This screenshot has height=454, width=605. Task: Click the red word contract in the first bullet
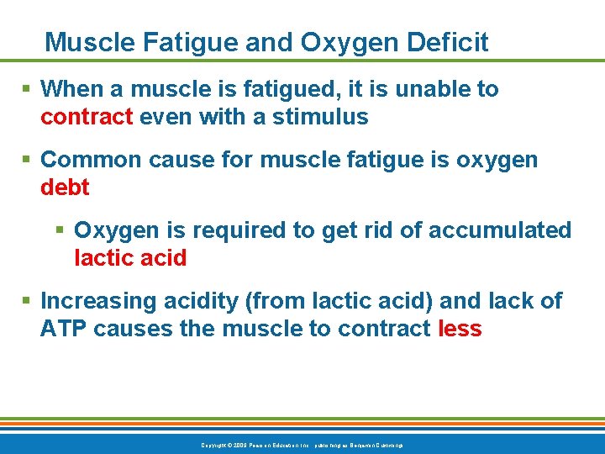tap(87, 117)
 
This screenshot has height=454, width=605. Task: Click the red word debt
tap(65, 187)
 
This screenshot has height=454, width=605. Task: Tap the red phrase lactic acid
tap(130, 258)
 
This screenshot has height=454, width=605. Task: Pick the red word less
tap(460, 329)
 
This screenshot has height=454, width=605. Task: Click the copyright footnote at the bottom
tap(302, 444)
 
